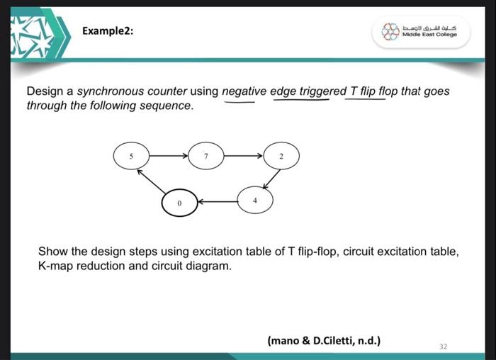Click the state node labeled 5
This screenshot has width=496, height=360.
[x=130, y=154]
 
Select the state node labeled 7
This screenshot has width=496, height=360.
[x=205, y=154]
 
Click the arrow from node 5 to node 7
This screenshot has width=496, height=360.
[x=167, y=154]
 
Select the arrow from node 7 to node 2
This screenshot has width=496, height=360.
[x=243, y=154]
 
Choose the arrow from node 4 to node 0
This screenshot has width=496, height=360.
[x=218, y=201]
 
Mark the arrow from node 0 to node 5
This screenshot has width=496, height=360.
[x=151, y=181]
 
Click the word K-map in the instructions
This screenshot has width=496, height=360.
[x=54, y=265]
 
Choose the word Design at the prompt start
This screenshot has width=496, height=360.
[x=44, y=92]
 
